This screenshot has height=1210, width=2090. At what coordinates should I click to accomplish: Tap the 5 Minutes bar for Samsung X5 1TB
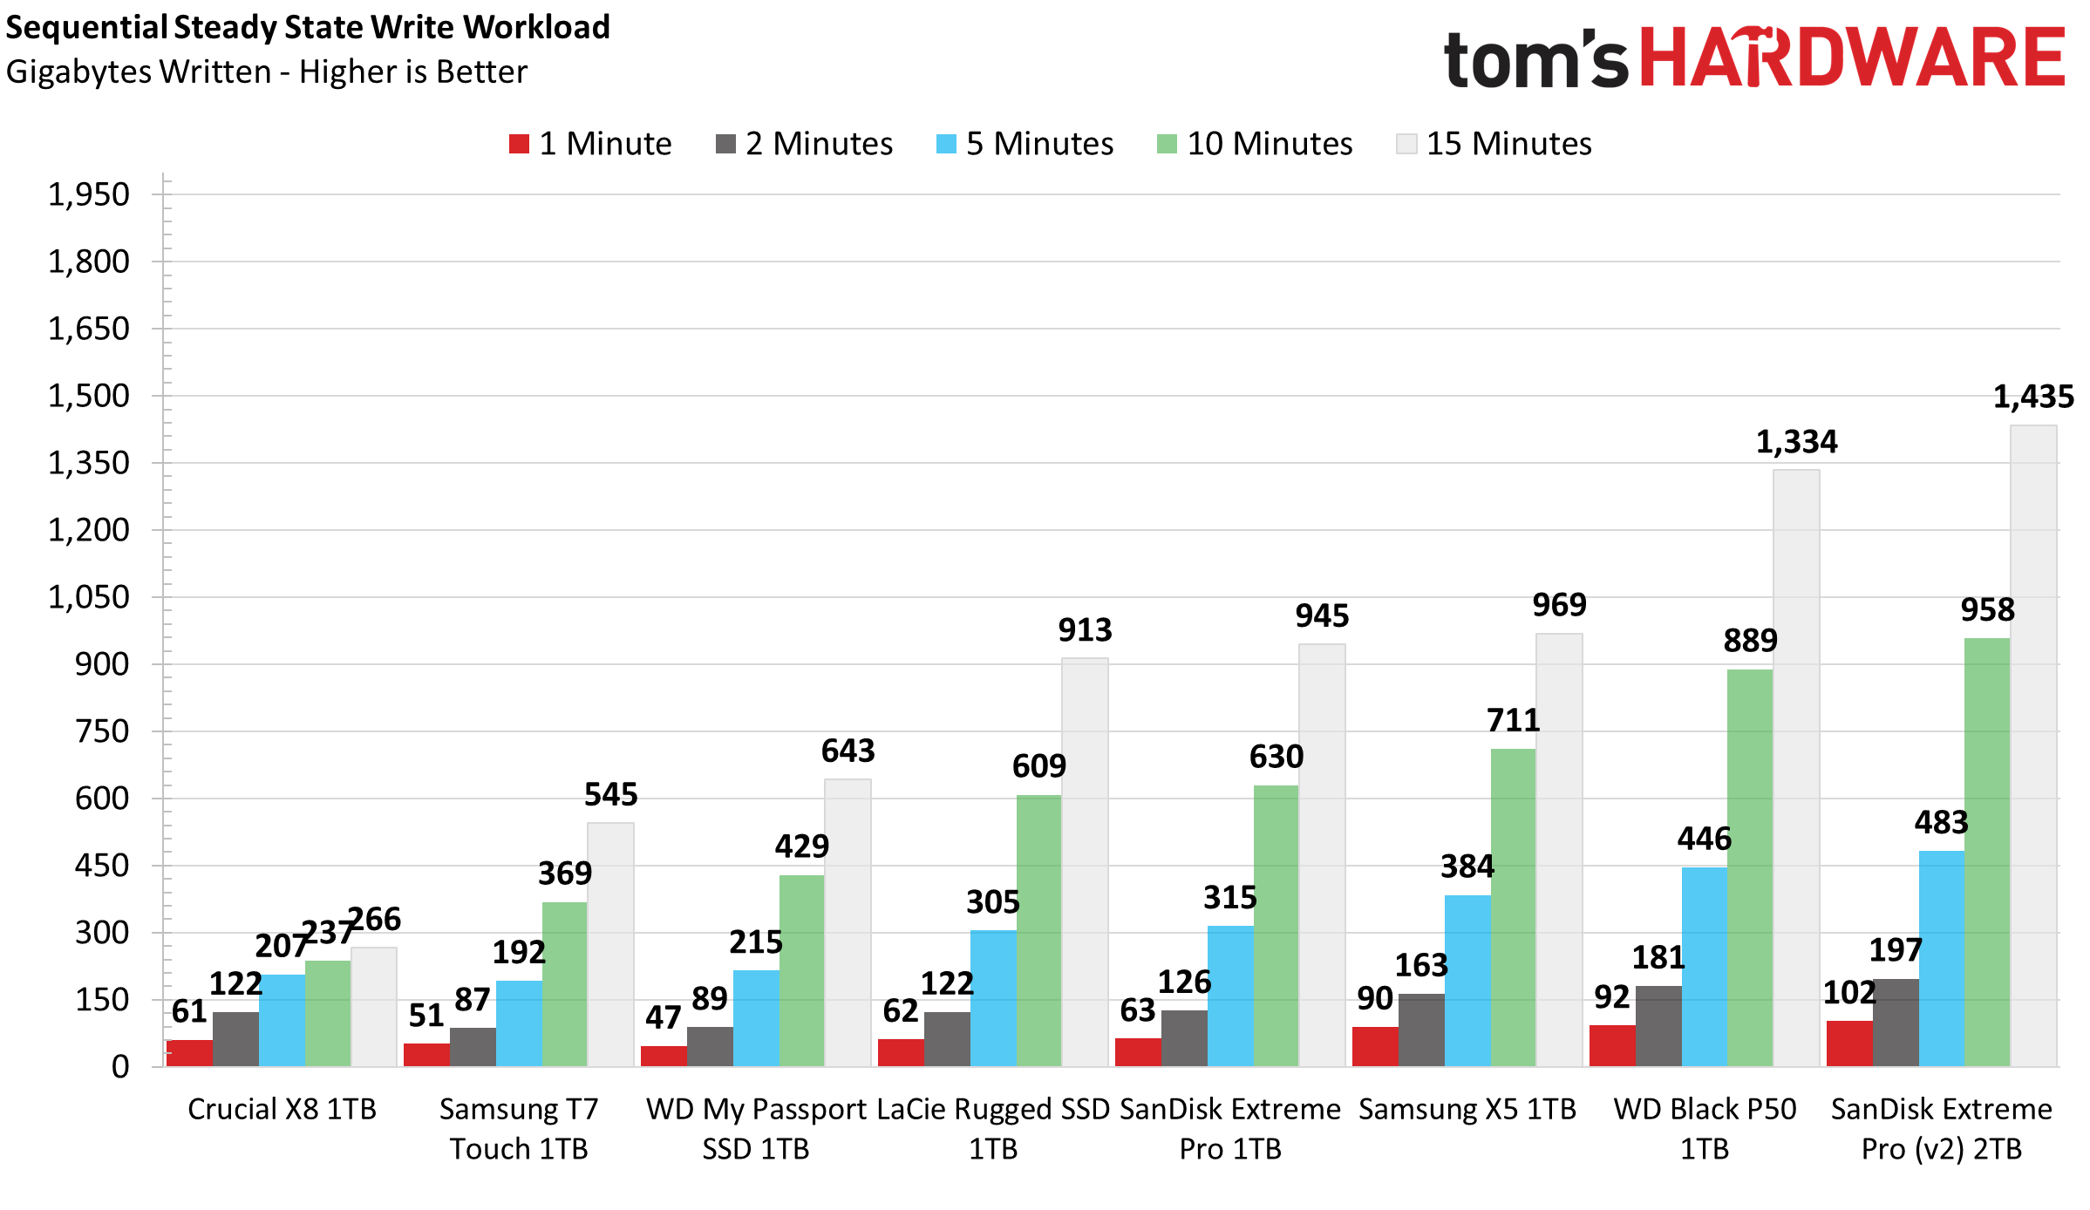click(x=1467, y=981)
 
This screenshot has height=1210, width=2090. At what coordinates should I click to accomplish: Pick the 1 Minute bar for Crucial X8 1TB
click(x=189, y=1053)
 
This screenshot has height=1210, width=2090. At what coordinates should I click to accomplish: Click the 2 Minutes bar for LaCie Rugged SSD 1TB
click(x=947, y=1039)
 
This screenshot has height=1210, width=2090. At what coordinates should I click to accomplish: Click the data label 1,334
click(x=1796, y=442)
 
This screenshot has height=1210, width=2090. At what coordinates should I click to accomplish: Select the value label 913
click(x=1085, y=630)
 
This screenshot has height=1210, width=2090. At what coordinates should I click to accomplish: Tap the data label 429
click(x=801, y=846)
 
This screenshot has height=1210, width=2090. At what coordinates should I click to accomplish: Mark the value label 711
click(x=1513, y=721)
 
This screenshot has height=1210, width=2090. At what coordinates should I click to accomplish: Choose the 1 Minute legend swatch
click(x=520, y=144)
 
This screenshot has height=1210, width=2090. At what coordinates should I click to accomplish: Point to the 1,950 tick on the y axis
click(x=88, y=194)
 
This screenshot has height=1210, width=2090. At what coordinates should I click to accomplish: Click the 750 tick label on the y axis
click(x=102, y=731)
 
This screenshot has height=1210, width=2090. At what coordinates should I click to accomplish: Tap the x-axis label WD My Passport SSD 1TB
click(x=756, y=1129)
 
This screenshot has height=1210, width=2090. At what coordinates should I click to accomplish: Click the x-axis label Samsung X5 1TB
click(x=1467, y=1109)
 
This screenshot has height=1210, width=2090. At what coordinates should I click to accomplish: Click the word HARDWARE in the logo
click(x=1853, y=58)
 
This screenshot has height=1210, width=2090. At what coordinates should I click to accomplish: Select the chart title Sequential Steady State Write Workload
click(x=308, y=27)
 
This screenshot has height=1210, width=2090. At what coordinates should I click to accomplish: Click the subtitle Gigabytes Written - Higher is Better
click(x=267, y=71)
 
